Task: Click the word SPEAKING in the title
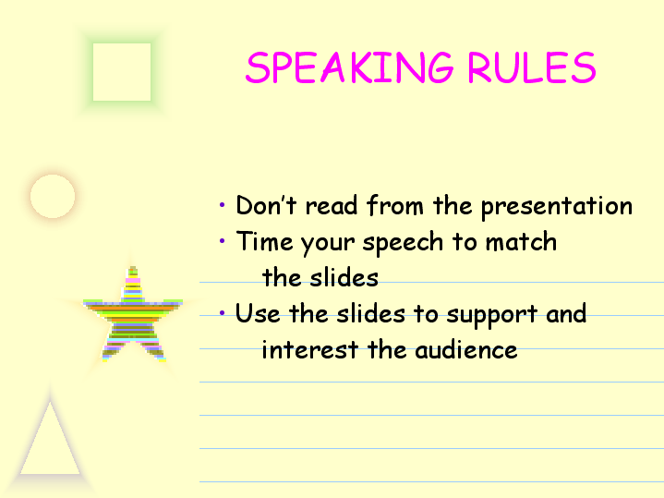(350, 67)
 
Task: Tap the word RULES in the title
(532, 67)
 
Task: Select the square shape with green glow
(122, 72)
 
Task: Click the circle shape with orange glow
(53, 196)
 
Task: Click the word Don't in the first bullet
(266, 205)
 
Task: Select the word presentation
(557, 207)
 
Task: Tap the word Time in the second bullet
(264, 241)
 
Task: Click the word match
(521, 241)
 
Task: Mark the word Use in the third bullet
(258, 313)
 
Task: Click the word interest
(310, 350)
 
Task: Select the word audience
(465, 350)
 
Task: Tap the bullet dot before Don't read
(223, 205)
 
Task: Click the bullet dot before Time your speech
(223, 241)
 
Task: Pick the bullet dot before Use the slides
(223, 313)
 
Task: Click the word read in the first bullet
(332, 206)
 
